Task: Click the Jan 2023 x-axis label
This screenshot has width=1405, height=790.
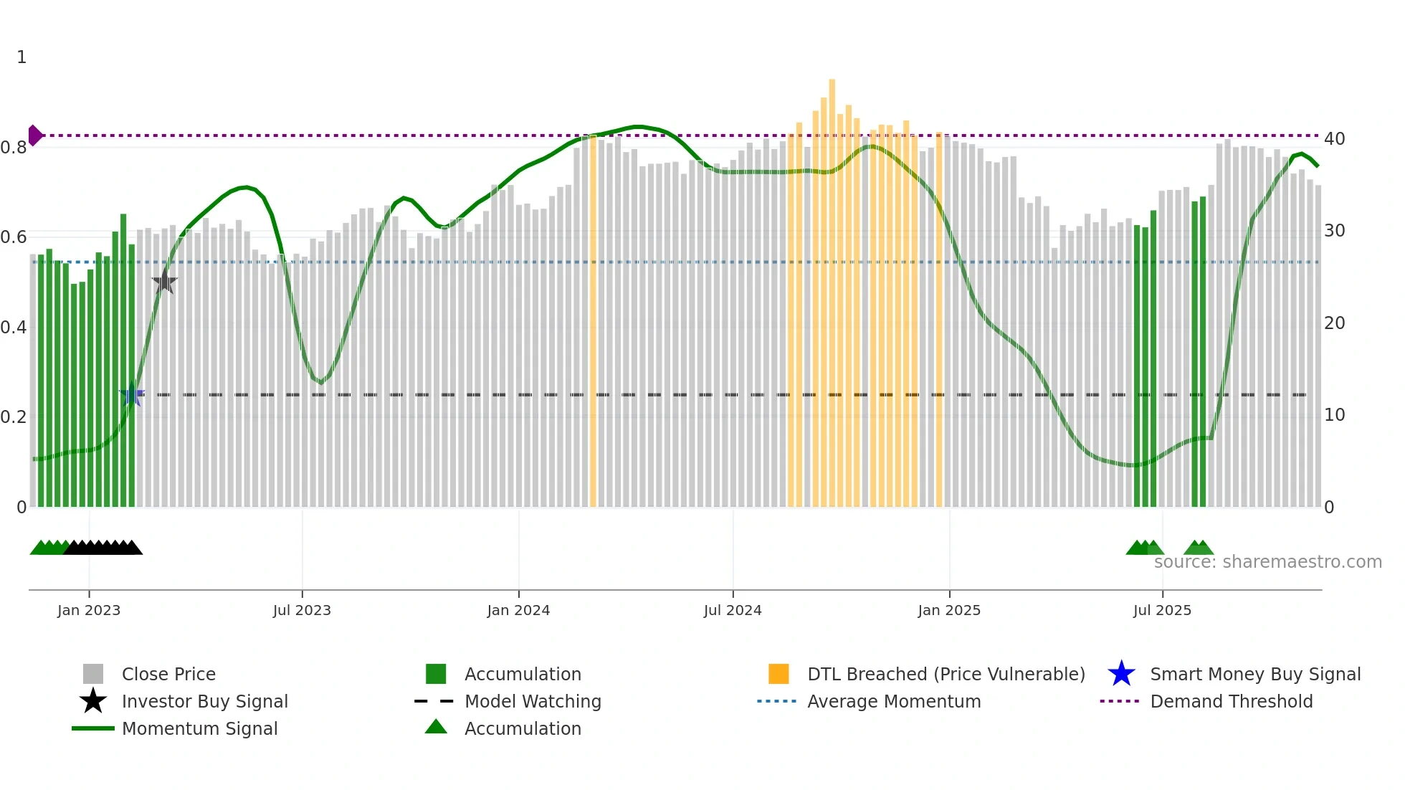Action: click(x=89, y=610)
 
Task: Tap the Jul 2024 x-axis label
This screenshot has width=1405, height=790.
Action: click(x=733, y=610)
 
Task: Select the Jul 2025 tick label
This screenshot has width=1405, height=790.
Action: click(x=1162, y=610)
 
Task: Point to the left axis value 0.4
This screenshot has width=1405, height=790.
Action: click(x=14, y=328)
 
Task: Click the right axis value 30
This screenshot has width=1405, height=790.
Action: click(x=1334, y=231)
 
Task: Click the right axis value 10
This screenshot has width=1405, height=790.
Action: click(x=1334, y=415)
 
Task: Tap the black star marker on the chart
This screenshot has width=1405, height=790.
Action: click(x=164, y=282)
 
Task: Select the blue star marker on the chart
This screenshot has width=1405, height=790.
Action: click(x=132, y=394)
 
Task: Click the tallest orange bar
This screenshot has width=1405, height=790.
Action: click(x=832, y=287)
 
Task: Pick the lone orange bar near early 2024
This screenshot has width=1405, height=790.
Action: click(x=593, y=323)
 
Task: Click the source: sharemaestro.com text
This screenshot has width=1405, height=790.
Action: click(x=1267, y=562)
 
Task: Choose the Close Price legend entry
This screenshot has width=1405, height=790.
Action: click(x=168, y=674)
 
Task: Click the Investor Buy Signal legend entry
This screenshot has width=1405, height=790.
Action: click(x=204, y=701)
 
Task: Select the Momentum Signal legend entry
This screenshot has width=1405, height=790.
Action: click(x=199, y=728)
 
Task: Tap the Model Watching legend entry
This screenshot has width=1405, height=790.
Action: click(x=533, y=701)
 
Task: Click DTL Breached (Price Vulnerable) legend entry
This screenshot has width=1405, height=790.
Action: click(x=946, y=674)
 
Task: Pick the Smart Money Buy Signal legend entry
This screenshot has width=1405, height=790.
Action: click(x=1254, y=674)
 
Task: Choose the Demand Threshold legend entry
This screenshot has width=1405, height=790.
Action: click(x=1231, y=701)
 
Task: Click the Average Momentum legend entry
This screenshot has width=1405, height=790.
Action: click(x=893, y=701)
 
